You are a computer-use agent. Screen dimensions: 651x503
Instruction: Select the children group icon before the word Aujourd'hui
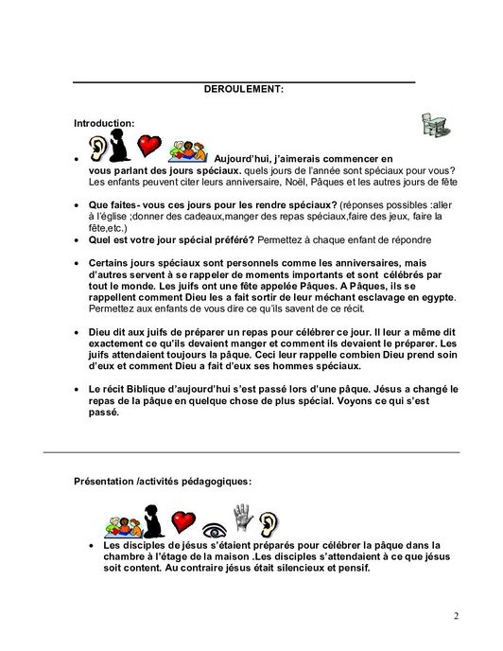point(186,150)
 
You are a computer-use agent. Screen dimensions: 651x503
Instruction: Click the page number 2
point(455,618)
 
